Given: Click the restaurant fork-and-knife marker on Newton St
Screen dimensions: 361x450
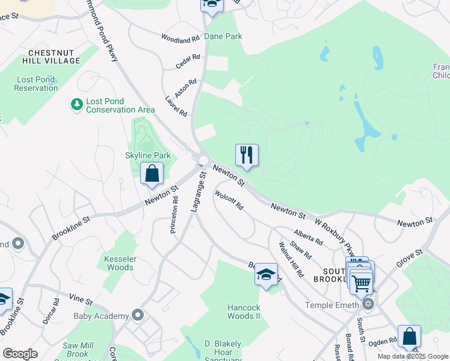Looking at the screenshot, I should point(247,155).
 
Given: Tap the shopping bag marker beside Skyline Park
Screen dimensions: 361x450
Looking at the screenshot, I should point(153,174).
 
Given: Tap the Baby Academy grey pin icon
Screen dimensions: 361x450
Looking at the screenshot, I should point(138,315).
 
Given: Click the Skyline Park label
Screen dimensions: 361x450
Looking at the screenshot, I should point(148,155).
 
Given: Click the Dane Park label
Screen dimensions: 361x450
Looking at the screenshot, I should point(223,36).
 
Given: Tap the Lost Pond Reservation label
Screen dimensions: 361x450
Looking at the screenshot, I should point(37,84).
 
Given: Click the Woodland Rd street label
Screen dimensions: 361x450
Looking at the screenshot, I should point(180,38).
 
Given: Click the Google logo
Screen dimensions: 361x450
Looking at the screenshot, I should point(20,354).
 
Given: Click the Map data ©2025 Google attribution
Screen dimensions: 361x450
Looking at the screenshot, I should point(412,356).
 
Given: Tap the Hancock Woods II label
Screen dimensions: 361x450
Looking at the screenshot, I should point(244,312).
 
